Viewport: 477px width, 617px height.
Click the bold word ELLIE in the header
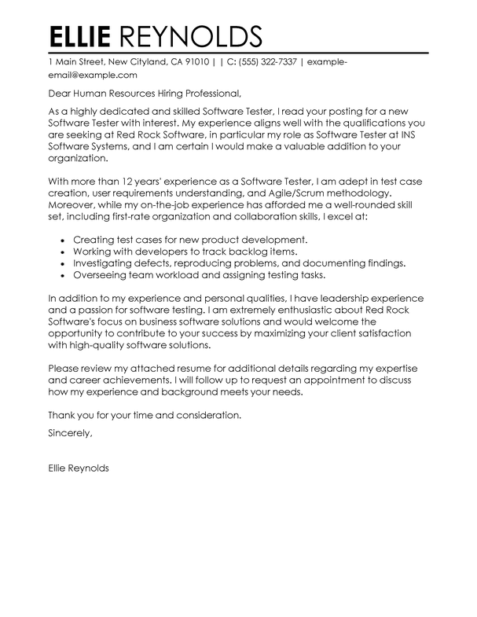click(84, 37)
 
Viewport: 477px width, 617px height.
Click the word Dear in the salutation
click(61, 94)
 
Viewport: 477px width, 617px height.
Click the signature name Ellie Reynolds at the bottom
click(79, 469)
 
